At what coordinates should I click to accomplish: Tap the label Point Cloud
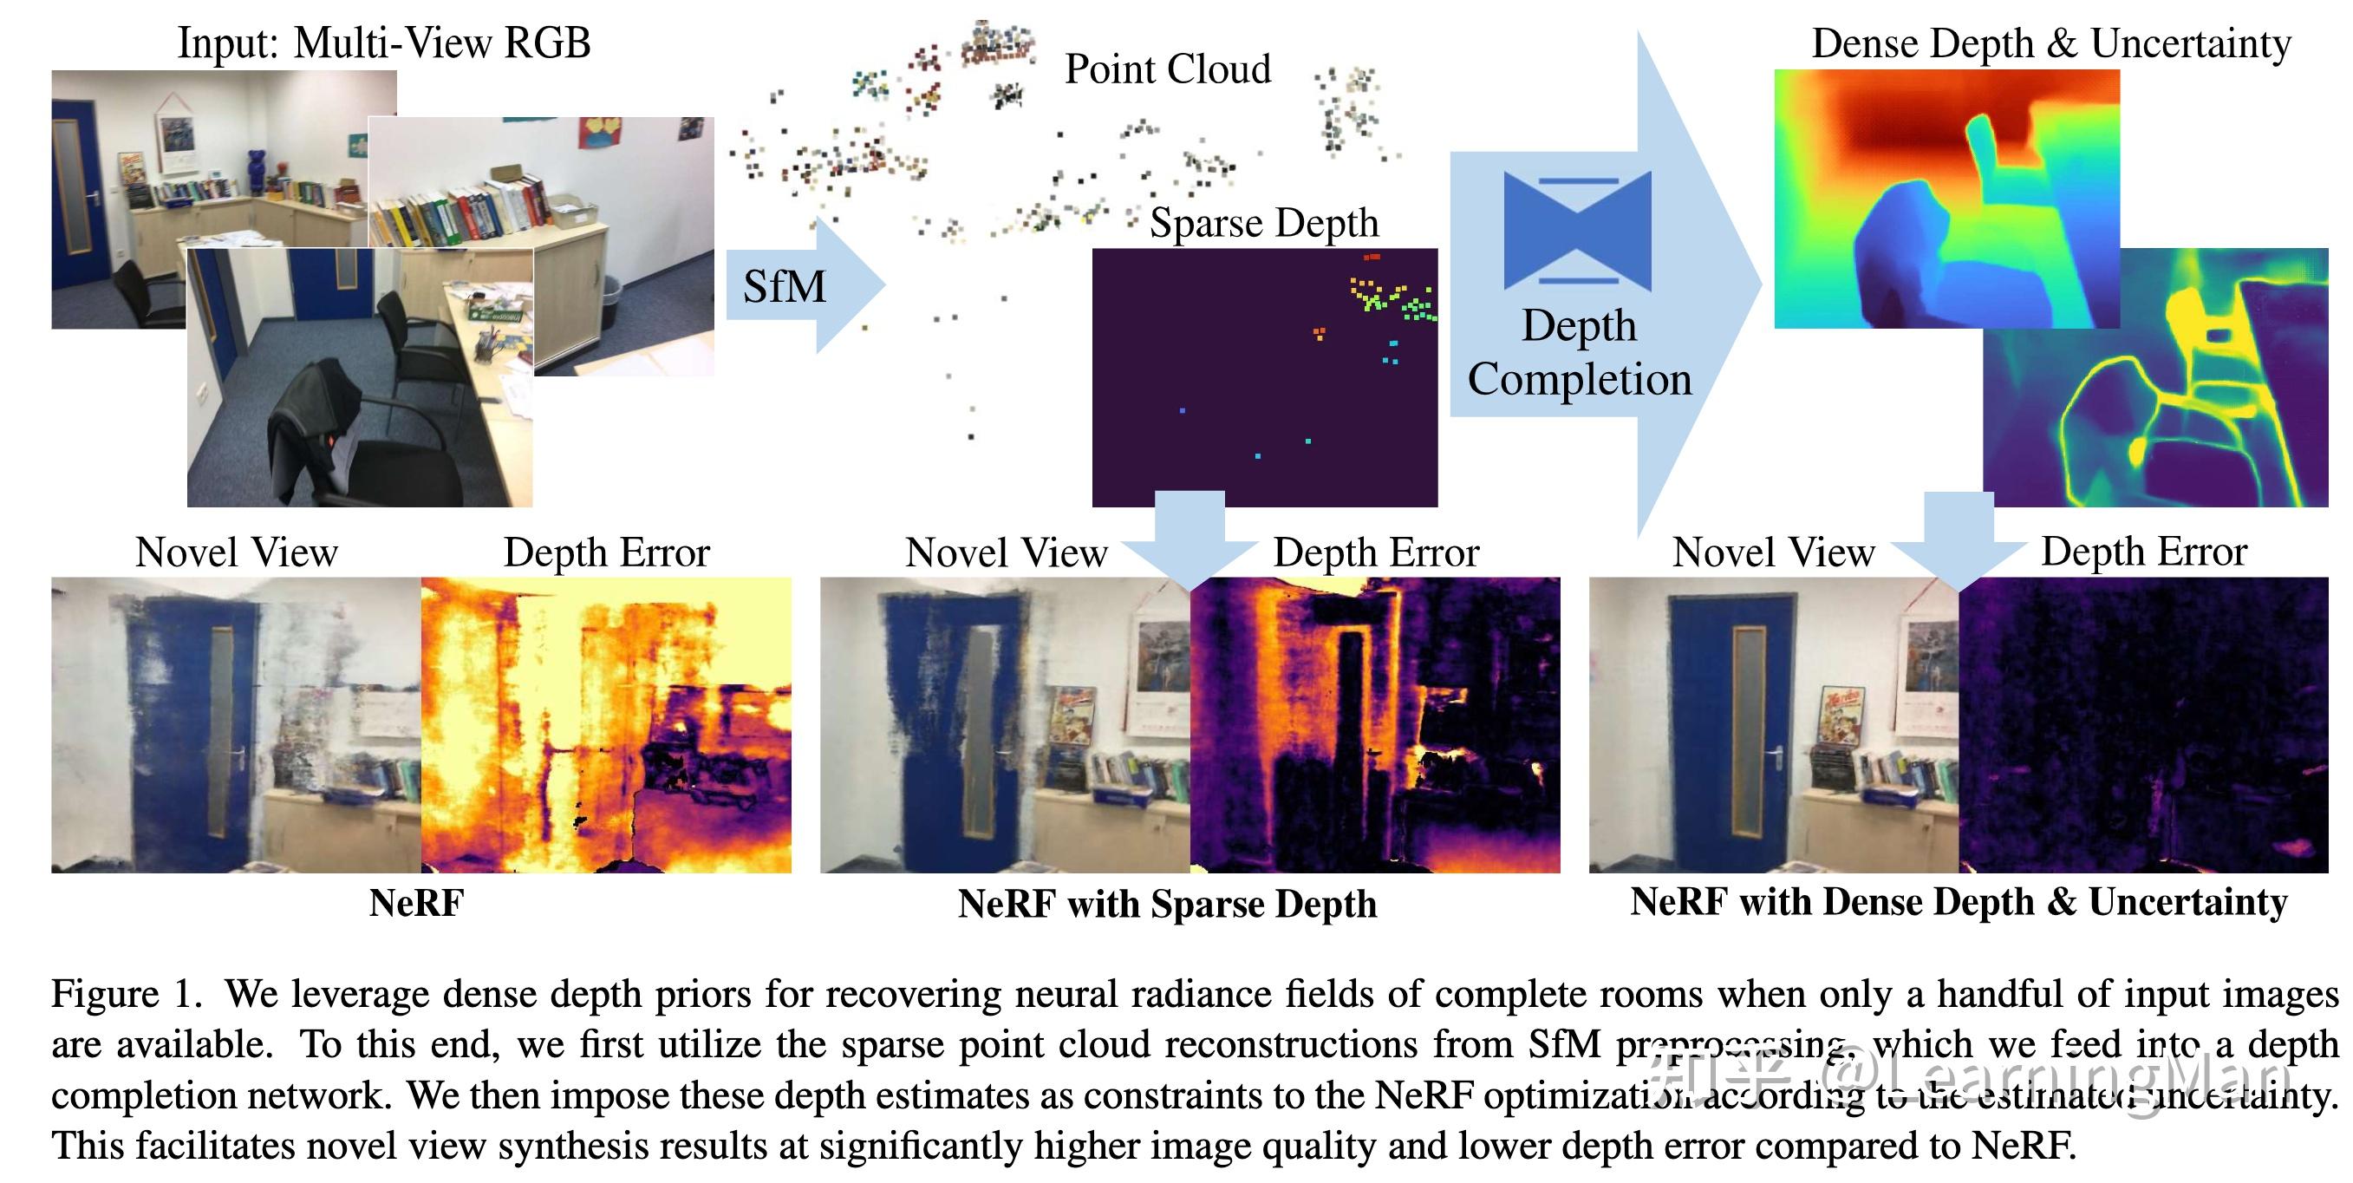click(x=1167, y=69)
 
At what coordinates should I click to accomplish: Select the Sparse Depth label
click(x=1263, y=223)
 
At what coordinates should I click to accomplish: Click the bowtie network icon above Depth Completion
click(x=1578, y=230)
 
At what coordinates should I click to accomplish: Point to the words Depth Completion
click(x=1580, y=353)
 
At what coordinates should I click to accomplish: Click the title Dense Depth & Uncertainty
click(x=2050, y=44)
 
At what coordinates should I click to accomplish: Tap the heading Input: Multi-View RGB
click(x=383, y=43)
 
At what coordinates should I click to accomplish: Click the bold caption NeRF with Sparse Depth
click(x=1166, y=904)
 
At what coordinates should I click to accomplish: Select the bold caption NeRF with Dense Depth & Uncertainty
click(x=1959, y=902)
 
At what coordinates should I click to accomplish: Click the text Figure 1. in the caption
click(x=126, y=994)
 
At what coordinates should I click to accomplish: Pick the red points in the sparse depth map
click(x=1371, y=258)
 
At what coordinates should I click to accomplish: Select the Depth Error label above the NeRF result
click(x=607, y=552)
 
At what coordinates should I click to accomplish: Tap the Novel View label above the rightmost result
click(x=1773, y=552)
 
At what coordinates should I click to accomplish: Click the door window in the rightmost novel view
click(x=1747, y=731)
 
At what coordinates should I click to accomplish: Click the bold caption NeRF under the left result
click(x=416, y=903)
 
